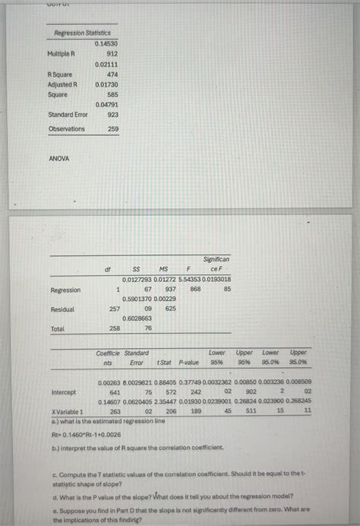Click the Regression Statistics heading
coord(82,33)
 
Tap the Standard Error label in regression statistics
coord(68,115)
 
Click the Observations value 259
coord(112,129)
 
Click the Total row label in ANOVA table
coord(57,328)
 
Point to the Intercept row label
coord(63,392)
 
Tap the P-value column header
coord(189,363)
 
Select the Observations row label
coord(67,129)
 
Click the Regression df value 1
coord(118,290)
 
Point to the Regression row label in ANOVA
coord(65,290)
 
